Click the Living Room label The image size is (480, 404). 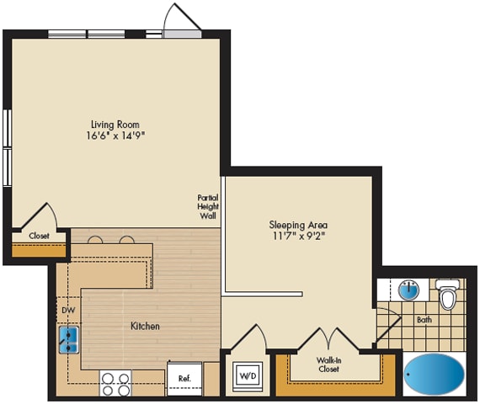[x=115, y=125]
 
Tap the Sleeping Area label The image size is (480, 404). [x=298, y=225]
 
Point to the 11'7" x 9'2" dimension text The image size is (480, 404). [x=298, y=237]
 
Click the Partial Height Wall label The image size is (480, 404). [x=208, y=207]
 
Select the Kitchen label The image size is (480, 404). [x=145, y=326]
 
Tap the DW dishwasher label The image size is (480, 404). [x=68, y=310]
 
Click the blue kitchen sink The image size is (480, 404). [x=68, y=339]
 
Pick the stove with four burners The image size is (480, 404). [x=115, y=383]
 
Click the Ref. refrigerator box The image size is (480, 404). [x=184, y=379]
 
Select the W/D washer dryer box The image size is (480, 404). [x=248, y=374]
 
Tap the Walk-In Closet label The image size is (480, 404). [x=328, y=364]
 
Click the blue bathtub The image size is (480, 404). [x=434, y=373]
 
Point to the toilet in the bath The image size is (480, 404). [x=448, y=295]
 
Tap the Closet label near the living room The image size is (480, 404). [x=39, y=236]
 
